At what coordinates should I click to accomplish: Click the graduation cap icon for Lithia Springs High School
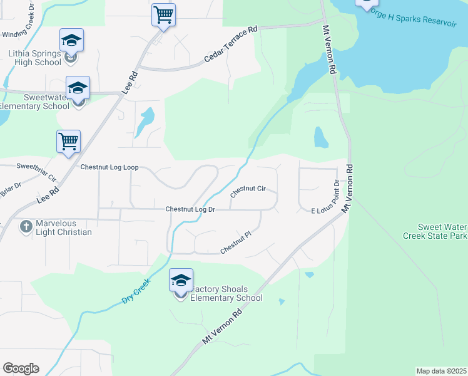click(71, 41)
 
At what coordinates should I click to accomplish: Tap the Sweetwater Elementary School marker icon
click(78, 88)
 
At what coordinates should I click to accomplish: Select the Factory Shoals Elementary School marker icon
click(181, 281)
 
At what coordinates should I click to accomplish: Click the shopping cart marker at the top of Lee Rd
click(163, 15)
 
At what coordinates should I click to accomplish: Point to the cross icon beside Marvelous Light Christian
click(26, 225)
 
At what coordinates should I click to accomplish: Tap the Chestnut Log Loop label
click(109, 168)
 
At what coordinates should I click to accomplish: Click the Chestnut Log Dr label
click(190, 209)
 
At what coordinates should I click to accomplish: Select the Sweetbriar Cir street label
click(36, 172)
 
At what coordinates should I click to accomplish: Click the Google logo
click(21, 368)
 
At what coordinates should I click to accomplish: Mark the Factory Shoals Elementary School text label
click(226, 293)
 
